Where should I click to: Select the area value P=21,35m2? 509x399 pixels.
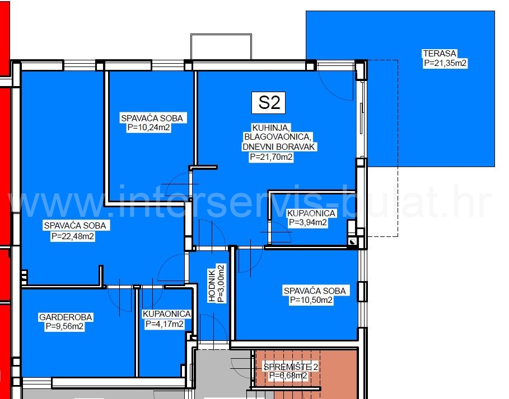pos(445,63)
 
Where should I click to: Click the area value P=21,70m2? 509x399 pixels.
pos(271,157)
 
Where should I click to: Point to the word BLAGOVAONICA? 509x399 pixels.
pos(277,136)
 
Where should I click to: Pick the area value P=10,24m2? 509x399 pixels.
pos(149,127)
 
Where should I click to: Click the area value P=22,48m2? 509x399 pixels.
pos(72,236)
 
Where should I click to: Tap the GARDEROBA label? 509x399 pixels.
pos(66,317)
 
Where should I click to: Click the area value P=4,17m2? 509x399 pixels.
pos(164,324)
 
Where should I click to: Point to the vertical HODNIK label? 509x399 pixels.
pos(212,286)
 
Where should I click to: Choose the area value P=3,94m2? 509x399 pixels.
pos(307,222)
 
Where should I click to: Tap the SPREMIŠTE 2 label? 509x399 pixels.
pos(291,367)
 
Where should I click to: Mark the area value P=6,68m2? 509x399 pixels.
pos(288,376)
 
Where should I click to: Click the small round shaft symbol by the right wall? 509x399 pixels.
pos(352,241)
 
